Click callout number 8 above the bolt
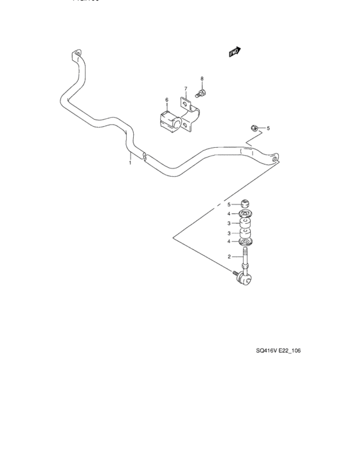201,79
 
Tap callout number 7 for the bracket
185,89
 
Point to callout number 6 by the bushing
166,100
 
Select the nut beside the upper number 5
255,129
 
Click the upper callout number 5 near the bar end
268,129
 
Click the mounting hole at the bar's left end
76,55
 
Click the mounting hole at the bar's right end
276,156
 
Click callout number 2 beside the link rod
229,257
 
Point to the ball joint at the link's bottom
245,277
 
